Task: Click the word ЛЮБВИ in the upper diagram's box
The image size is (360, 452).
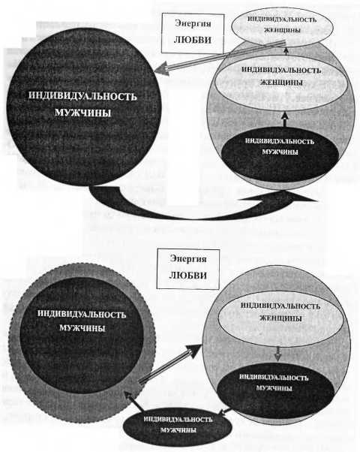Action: click(193, 40)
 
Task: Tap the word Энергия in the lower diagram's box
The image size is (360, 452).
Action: click(188, 258)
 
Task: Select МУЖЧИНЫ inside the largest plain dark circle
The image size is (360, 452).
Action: click(82, 113)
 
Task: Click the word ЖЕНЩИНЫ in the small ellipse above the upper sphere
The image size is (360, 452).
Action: click(282, 30)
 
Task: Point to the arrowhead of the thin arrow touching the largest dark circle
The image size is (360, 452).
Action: click(162, 70)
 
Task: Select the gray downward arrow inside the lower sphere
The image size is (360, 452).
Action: click(277, 354)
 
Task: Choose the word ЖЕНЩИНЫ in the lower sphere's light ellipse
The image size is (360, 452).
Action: click(280, 318)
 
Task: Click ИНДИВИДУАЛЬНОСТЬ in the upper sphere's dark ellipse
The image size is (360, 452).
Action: click(280, 141)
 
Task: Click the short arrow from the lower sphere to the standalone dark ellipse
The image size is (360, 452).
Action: click(224, 411)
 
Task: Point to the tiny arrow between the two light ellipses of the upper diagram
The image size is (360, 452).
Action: click(286, 51)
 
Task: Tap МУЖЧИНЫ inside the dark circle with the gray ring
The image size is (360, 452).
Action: click(82, 328)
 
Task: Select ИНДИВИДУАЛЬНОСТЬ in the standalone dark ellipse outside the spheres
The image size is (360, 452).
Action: click(178, 419)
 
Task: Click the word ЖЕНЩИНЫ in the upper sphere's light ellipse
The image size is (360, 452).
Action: click(281, 83)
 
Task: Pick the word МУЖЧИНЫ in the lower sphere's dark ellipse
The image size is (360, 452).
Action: click(274, 388)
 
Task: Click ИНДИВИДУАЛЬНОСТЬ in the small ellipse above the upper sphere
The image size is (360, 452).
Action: click(282, 20)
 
